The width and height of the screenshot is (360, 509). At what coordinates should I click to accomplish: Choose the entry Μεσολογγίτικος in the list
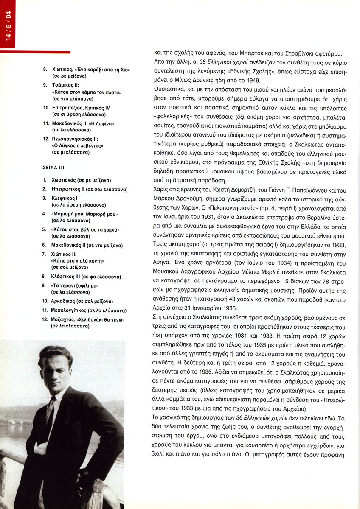[72, 310]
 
